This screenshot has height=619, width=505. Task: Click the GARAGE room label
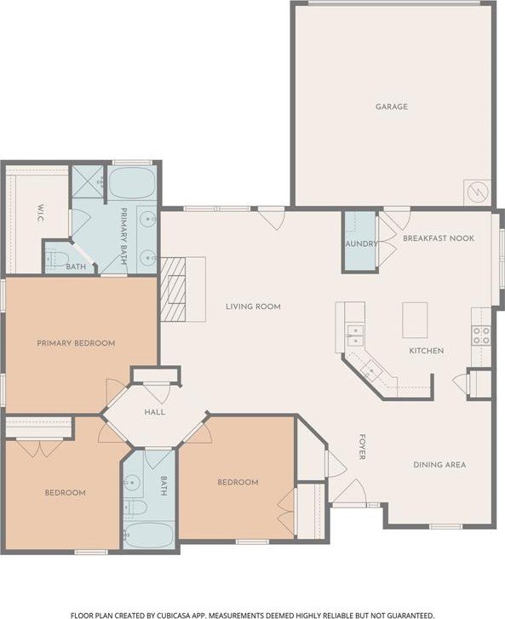click(391, 106)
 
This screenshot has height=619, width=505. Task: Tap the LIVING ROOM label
click(253, 307)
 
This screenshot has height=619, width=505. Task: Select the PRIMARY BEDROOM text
click(76, 343)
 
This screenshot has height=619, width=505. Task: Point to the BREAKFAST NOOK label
click(439, 238)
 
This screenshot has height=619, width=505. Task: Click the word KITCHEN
click(426, 351)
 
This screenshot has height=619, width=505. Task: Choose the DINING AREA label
click(439, 465)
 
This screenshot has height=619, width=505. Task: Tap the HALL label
click(154, 412)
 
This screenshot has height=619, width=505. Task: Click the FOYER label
click(362, 447)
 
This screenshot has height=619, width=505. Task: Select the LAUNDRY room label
click(360, 244)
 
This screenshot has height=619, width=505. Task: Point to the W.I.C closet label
click(40, 213)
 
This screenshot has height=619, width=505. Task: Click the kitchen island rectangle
click(415, 320)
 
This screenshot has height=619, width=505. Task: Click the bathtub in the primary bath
click(131, 183)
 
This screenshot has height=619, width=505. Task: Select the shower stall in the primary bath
click(88, 181)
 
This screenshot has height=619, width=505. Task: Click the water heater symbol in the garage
click(478, 192)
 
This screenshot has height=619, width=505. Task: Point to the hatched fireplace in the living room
click(173, 289)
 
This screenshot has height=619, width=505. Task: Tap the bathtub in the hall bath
click(148, 535)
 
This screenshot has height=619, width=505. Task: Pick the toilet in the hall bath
click(135, 507)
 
